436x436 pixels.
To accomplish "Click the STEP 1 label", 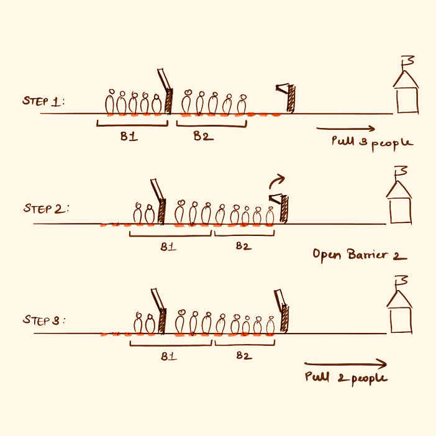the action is (44, 101).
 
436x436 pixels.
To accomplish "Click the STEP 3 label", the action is (44, 320).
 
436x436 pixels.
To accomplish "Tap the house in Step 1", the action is (407, 93).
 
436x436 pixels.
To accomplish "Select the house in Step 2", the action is (399, 202).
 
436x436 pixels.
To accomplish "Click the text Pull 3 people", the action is (372, 142).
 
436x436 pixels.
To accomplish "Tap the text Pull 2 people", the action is (346, 377).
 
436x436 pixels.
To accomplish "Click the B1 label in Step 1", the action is (129, 137).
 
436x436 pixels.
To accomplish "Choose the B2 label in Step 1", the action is (203, 136).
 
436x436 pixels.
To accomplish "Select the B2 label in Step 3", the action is (243, 357).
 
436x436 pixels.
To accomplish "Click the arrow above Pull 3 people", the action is (345, 129).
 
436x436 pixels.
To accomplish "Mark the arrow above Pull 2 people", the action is (345, 365).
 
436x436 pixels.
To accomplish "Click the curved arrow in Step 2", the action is (275, 181).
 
